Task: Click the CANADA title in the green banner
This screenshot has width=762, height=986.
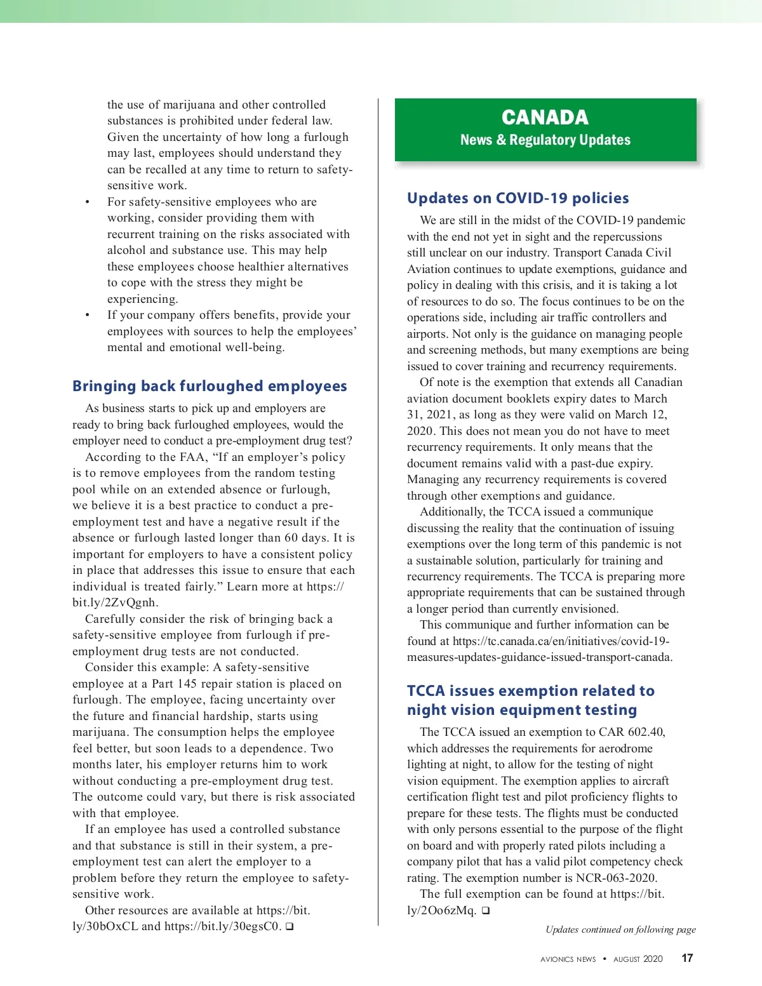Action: tap(545, 117)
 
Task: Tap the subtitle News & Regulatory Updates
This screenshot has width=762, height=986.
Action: tap(545, 140)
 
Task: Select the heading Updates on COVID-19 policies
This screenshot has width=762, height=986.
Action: tap(518, 198)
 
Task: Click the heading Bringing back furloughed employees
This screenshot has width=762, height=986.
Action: tap(210, 386)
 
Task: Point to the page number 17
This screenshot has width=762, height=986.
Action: tap(687, 958)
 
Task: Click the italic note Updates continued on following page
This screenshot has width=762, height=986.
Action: tap(620, 929)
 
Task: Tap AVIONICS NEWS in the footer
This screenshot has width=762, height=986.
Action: tap(568, 959)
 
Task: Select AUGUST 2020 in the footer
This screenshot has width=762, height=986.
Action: tap(638, 959)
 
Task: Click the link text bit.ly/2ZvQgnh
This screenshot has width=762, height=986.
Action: tap(114, 603)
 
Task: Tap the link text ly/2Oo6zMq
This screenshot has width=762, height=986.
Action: tap(441, 910)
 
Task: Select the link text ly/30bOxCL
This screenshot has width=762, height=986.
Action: tap(105, 926)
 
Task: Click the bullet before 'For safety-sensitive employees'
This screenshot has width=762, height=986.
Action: tap(88, 203)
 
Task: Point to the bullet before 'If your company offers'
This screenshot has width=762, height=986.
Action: tap(88, 316)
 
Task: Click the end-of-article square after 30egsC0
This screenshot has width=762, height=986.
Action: tap(290, 926)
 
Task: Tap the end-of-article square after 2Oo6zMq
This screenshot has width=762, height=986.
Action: tap(486, 910)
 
